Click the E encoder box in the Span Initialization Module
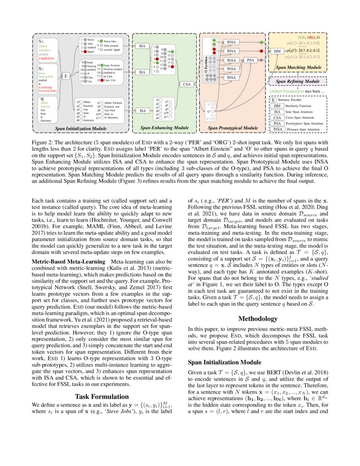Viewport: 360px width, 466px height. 66,76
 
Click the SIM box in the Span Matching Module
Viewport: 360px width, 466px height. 277,51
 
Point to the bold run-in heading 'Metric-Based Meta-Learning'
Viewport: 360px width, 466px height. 69,262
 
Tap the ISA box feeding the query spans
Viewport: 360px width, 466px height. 143,111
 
